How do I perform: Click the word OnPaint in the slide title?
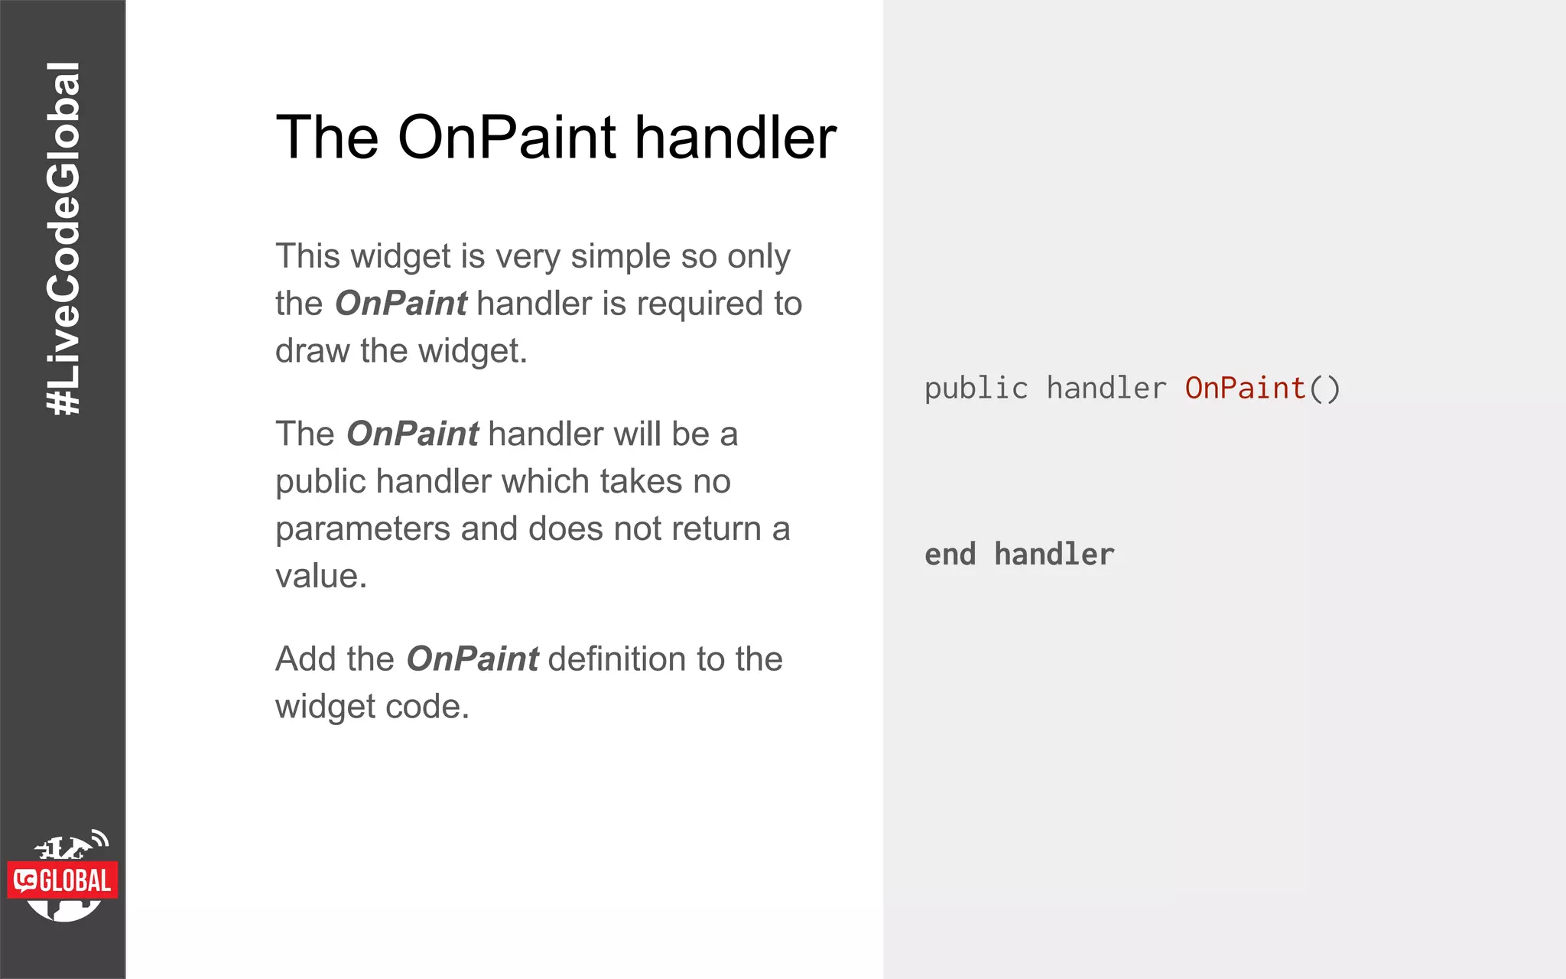click(x=507, y=138)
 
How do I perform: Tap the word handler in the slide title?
click(x=736, y=138)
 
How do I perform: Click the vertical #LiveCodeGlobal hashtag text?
click(x=63, y=239)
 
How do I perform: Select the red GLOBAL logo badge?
click(x=63, y=880)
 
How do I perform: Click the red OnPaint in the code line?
click(x=1245, y=389)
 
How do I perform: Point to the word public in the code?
click(x=976, y=389)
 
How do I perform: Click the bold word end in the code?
click(x=950, y=555)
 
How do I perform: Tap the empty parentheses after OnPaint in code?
click(x=1324, y=389)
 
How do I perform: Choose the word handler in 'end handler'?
click(x=1054, y=555)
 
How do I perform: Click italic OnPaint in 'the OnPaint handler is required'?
click(x=401, y=304)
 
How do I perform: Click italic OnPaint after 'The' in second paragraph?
click(x=413, y=434)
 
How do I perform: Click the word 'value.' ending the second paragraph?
click(x=321, y=577)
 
